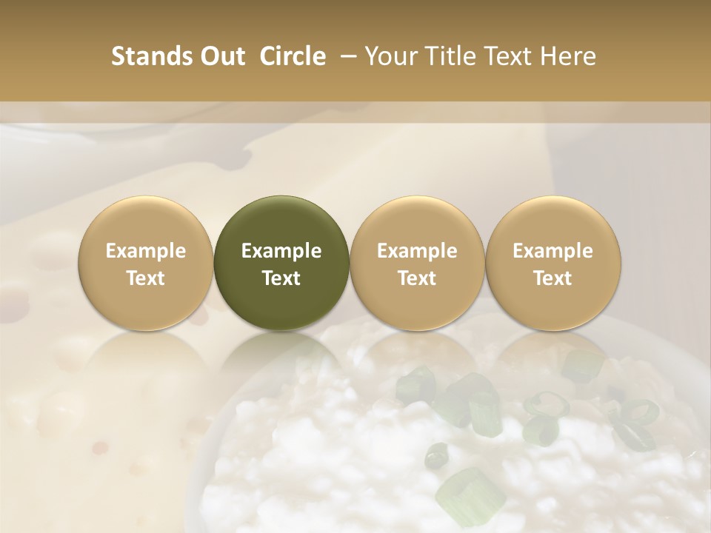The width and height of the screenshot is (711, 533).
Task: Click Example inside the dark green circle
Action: pos(281,251)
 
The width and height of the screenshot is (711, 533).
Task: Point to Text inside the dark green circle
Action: pos(281,278)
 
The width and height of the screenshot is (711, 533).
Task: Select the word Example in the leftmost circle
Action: pos(146,251)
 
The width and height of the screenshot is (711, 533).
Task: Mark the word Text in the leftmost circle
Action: pos(146,278)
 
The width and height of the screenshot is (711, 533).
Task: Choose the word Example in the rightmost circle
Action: pos(553,251)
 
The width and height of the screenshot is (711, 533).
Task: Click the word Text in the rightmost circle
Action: pos(553,278)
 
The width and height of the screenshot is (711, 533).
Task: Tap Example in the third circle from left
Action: pos(417,251)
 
